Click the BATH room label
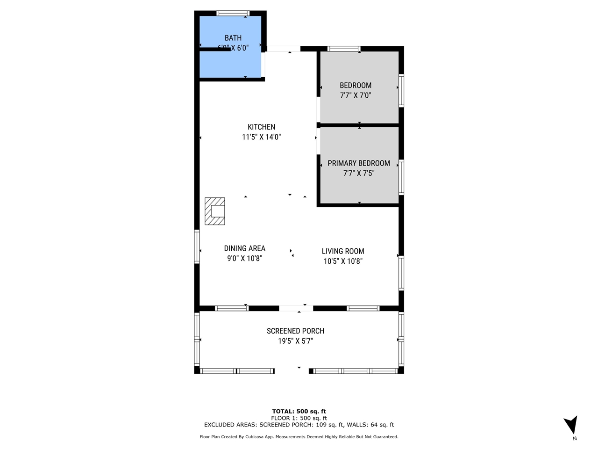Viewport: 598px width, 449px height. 233,38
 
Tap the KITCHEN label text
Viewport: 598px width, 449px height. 261,127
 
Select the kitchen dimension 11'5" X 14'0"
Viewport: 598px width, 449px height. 261,137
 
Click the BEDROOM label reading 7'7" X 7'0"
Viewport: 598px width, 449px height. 356,85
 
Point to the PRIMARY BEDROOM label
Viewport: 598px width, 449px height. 359,163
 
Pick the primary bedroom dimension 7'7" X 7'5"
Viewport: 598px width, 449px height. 359,174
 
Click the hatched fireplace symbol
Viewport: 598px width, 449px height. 215,211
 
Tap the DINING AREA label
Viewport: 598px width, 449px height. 244,248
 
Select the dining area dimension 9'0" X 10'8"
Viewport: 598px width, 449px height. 244,259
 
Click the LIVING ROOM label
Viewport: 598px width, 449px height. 343,251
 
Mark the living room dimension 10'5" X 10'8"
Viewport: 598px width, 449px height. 343,261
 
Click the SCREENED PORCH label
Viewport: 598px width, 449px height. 295,331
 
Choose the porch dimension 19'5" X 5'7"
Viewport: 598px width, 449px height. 295,341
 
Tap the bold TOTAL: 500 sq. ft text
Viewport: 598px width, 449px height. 299,411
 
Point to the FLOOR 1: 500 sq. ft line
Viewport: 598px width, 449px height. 299,418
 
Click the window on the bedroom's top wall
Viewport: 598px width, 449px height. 344,49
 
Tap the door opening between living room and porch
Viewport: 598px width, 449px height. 296,308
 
